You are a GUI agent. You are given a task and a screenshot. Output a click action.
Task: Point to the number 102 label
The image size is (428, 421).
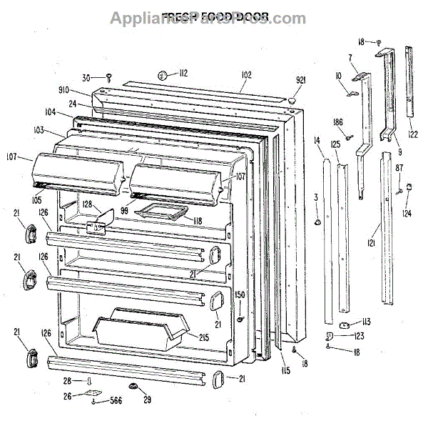(x=247, y=73)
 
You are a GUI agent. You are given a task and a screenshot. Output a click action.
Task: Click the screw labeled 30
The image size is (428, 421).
(x=110, y=76)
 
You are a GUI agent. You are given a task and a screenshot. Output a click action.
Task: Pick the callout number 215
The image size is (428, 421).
(x=203, y=337)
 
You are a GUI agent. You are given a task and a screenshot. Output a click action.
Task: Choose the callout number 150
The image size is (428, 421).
(x=240, y=294)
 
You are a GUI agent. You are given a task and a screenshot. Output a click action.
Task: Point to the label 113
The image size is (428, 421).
(x=365, y=322)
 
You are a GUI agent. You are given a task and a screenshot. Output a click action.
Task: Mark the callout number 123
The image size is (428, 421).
(x=359, y=335)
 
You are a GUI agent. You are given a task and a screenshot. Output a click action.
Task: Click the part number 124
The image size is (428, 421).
(x=407, y=213)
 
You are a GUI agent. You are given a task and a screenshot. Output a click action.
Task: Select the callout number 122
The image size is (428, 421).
(x=412, y=133)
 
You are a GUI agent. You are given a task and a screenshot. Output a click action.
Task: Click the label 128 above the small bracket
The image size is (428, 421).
(x=87, y=205)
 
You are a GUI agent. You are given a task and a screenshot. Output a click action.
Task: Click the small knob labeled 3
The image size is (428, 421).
(x=317, y=222)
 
